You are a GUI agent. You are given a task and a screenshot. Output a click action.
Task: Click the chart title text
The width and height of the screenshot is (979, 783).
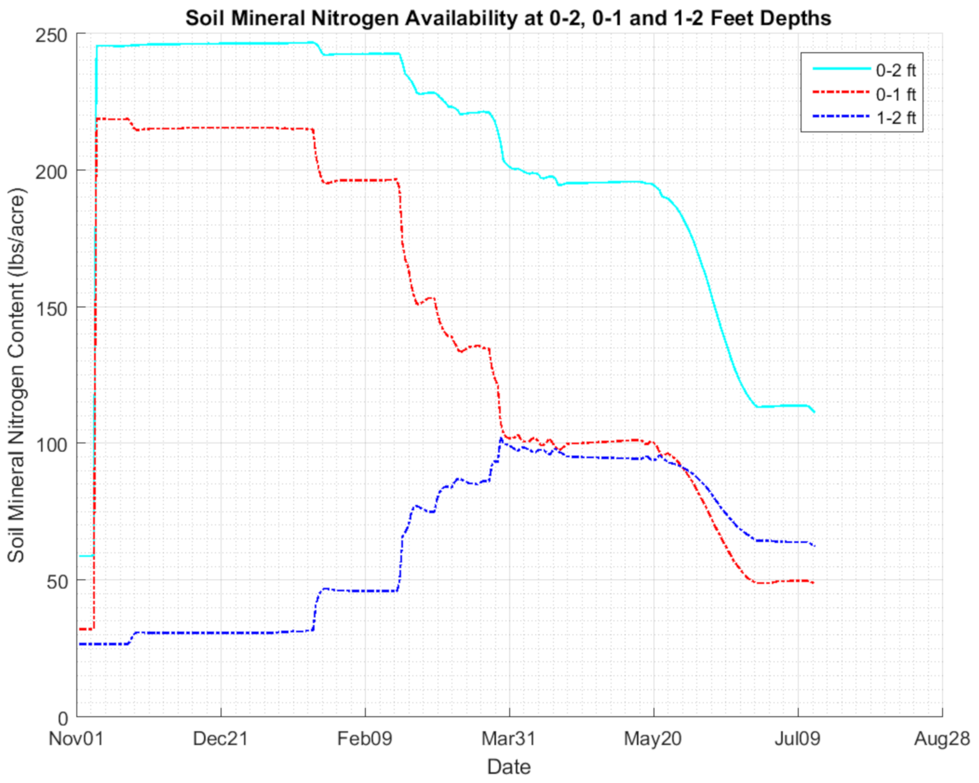pyautogui.click(x=508, y=18)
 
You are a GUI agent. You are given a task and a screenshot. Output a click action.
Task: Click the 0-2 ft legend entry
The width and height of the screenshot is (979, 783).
pyautogui.click(x=895, y=70)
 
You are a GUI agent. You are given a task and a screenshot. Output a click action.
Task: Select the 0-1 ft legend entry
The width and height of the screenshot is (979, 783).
pyautogui.click(x=895, y=94)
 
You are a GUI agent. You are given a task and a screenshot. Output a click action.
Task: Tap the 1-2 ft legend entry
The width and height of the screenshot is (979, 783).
pyautogui.click(x=895, y=118)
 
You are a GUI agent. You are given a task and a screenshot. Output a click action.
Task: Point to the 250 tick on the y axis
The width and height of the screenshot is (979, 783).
pyautogui.click(x=54, y=35)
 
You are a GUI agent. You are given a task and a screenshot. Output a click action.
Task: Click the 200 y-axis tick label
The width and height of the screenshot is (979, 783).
pyautogui.click(x=54, y=171)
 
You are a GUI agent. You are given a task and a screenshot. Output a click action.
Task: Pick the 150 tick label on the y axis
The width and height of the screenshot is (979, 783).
pyautogui.click(x=54, y=308)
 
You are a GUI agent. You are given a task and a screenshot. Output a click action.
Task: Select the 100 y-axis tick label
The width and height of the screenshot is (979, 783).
pyautogui.click(x=54, y=445)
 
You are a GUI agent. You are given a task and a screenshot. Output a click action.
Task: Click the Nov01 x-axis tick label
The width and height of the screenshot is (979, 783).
pyautogui.click(x=76, y=738)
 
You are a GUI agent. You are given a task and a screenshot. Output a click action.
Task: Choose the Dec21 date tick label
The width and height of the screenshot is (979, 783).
pyautogui.click(x=220, y=738)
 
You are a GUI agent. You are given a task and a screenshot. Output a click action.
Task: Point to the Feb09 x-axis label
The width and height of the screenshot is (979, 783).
pyautogui.click(x=364, y=738)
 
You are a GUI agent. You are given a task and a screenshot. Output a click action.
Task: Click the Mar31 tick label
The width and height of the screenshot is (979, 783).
pyautogui.click(x=508, y=738)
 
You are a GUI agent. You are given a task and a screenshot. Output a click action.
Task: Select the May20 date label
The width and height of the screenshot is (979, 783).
pyautogui.click(x=653, y=738)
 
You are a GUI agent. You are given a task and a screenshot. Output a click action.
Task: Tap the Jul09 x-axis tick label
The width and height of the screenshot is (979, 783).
pyautogui.click(x=797, y=738)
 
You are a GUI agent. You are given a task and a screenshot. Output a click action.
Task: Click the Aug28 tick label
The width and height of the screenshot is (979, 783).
pyautogui.click(x=942, y=738)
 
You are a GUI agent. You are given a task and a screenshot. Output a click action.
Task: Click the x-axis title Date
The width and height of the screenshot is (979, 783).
pyautogui.click(x=508, y=767)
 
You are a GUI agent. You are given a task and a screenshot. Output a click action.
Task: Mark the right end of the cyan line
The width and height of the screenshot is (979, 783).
pyautogui.click(x=814, y=412)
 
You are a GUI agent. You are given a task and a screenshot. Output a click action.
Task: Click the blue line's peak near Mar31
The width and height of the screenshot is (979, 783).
pyautogui.click(x=501, y=439)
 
